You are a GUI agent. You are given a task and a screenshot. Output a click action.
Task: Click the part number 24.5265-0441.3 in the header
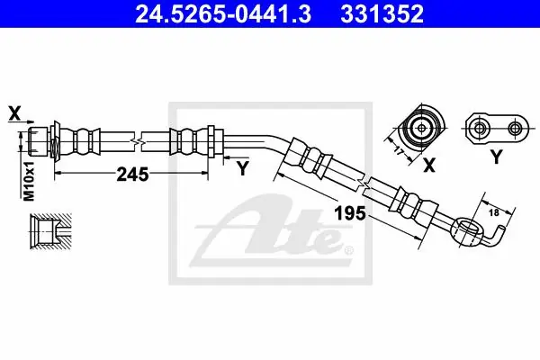(223, 13)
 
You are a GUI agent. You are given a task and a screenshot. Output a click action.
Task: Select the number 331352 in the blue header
(382, 13)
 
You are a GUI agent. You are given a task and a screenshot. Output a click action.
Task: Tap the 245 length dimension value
(132, 175)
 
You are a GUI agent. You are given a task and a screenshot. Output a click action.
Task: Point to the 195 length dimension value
(350, 213)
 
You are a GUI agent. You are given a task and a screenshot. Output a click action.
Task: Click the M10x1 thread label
(29, 181)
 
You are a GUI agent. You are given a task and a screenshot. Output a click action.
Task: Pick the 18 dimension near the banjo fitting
(494, 212)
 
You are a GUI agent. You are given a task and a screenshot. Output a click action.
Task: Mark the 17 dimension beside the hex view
(399, 150)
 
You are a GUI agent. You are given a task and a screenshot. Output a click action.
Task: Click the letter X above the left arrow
(14, 113)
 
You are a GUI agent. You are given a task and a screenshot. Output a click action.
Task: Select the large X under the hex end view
(429, 165)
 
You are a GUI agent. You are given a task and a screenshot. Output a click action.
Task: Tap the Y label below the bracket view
(496, 157)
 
